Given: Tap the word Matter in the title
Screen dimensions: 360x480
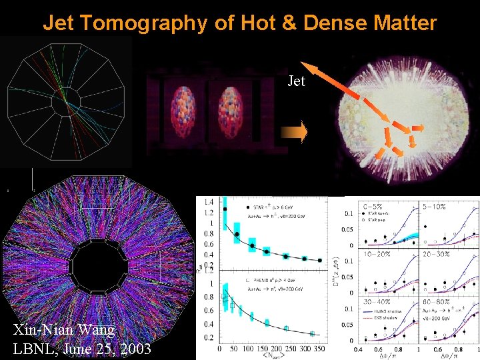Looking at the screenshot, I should [x=403, y=24].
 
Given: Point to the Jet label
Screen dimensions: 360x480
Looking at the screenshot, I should [x=296, y=82].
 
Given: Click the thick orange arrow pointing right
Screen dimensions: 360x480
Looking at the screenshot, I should [x=294, y=133].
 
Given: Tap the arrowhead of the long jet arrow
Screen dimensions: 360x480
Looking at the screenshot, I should [x=307, y=66].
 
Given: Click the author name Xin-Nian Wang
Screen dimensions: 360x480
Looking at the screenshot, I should [x=64, y=329].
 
